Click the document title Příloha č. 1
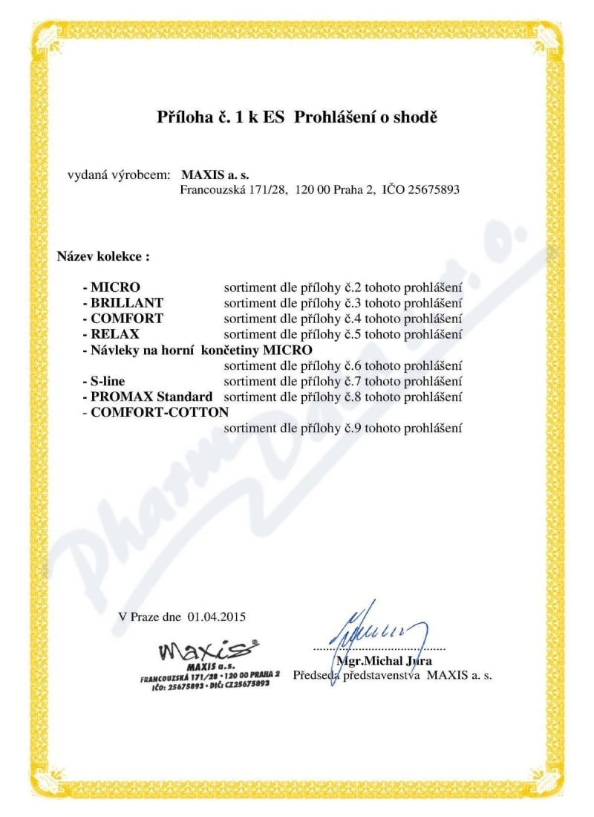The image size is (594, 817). [207, 117]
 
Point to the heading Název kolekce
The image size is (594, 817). [103, 256]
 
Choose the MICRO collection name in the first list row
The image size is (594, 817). [115, 287]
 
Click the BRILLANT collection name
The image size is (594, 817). [127, 302]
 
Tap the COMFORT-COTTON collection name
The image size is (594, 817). [160, 411]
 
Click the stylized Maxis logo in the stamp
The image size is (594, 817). [209, 652]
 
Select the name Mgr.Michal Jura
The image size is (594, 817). [384, 660]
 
